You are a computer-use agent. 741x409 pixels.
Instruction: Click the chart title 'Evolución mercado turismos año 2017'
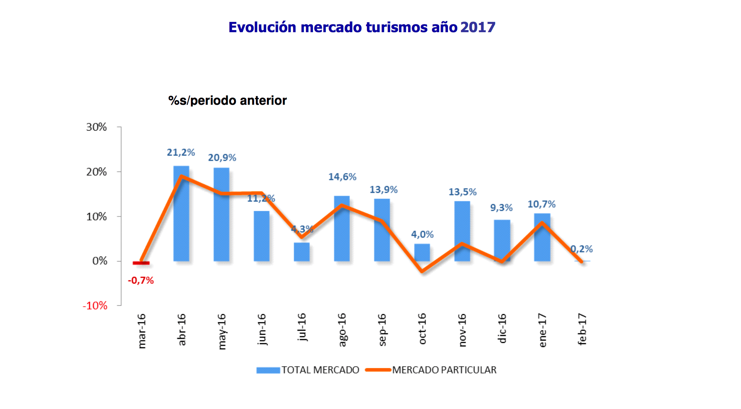point(362,27)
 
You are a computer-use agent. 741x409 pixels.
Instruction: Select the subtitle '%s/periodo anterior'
point(227,100)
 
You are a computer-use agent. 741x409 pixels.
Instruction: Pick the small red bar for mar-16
point(141,263)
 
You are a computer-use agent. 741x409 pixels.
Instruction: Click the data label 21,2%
point(181,152)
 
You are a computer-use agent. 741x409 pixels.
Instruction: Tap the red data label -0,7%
point(141,281)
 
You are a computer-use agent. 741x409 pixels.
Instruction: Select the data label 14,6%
point(342,177)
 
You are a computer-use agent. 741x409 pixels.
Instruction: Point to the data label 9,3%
point(501,208)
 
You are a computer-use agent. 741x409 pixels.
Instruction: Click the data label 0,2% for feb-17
point(582,249)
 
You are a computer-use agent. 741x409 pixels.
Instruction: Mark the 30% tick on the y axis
point(97,127)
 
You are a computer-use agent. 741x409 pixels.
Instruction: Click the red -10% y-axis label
point(95,306)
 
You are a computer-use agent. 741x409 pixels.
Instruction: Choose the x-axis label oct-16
point(422,329)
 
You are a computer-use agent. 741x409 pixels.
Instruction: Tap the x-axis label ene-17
point(542,330)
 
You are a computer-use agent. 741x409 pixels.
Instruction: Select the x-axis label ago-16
point(342,330)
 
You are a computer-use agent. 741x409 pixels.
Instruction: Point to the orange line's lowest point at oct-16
point(422,271)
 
